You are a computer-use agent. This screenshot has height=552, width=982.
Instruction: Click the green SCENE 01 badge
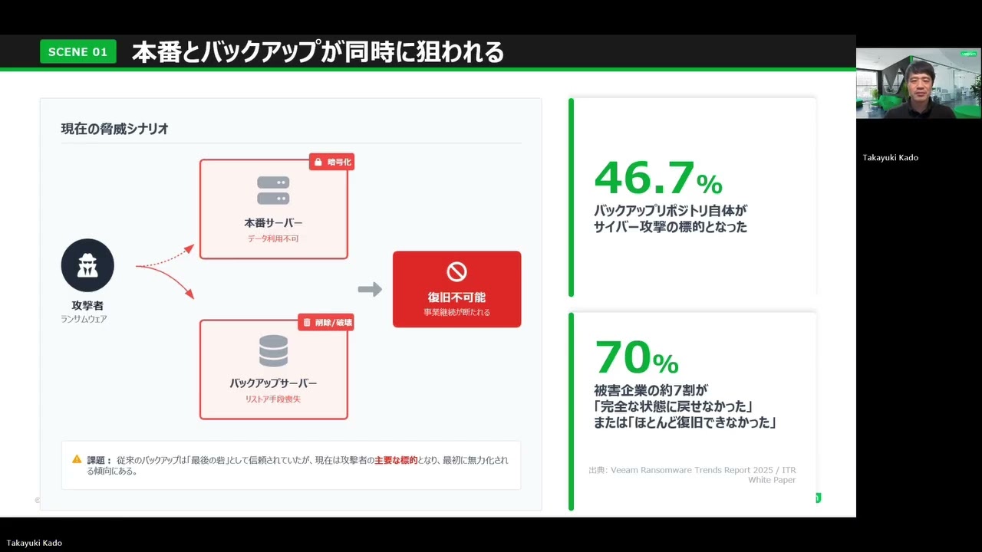click(77, 51)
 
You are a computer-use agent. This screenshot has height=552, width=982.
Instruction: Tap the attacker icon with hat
click(87, 265)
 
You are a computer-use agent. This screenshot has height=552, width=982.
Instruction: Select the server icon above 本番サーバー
click(273, 191)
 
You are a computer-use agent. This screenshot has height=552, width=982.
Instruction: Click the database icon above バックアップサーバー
click(273, 351)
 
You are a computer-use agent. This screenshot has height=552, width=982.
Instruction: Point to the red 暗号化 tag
click(331, 162)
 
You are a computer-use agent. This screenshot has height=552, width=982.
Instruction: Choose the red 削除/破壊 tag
click(326, 323)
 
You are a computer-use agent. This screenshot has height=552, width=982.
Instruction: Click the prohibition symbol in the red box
click(456, 271)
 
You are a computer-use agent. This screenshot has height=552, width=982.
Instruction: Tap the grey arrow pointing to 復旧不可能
click(370, 289)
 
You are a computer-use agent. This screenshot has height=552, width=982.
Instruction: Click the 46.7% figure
click(658, 178)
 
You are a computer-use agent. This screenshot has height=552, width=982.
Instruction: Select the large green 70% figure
click(637, 356)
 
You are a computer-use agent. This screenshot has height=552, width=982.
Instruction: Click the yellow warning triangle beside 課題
click(77, 459)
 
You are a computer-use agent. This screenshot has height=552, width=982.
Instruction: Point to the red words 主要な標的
click(396, 460)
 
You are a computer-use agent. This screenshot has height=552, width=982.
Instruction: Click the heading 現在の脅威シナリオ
click(115, 129)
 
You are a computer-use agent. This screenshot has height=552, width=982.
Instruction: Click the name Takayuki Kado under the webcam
click(890, 158)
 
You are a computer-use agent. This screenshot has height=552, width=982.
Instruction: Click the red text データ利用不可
click(273, 239)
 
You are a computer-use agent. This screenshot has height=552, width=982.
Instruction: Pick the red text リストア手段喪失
click(273, 399)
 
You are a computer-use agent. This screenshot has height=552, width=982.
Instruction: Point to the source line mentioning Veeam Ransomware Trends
click(692, 471)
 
